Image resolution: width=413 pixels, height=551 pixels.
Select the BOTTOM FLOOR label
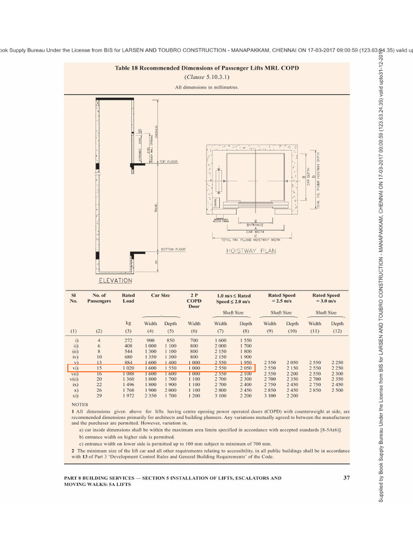pos(173,249)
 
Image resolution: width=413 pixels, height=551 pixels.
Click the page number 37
pos(346,478)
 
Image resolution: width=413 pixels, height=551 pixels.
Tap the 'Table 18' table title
pos(206,68)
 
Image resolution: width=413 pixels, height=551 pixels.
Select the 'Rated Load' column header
pos(129,298)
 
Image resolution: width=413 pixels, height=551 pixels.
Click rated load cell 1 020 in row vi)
pos(129,368)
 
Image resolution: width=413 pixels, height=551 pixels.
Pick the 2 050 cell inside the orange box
pos(246,368)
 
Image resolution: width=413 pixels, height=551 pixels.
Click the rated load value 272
pos(129,340)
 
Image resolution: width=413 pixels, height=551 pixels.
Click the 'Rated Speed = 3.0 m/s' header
pos(326,298)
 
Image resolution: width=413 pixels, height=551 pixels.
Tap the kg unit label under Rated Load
pos(129,323)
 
